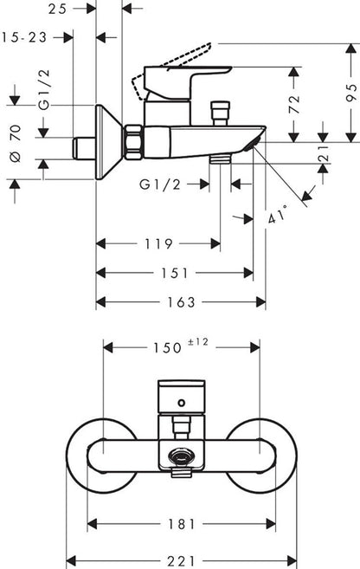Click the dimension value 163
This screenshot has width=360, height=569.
point(181,302)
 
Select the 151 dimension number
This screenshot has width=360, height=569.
point(175,273)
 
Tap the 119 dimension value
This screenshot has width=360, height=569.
point(158,244)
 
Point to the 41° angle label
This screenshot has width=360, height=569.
point(277,215)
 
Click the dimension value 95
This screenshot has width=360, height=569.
point(351,93)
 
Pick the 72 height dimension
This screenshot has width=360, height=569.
point(294,104)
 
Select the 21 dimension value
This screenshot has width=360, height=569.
point(324,153)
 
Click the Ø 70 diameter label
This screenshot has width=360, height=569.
point(16,143)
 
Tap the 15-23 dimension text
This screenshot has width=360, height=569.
point(24,37)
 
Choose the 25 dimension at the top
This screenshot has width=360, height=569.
point(58,9)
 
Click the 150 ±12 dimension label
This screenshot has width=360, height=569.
point(180,346)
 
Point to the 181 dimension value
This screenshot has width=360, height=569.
point(182,524)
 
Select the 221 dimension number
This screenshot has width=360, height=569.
point(181,560)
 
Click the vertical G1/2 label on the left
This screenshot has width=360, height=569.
point(44,89)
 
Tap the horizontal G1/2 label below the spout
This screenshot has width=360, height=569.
point(160,184)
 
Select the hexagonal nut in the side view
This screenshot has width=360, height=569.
point(133,142)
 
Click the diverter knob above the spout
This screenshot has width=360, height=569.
point(221,113)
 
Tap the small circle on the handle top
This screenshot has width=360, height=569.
point(181,403)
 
